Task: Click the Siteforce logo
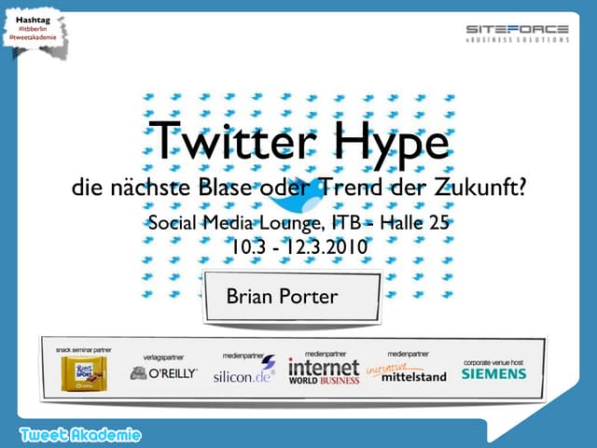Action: tap(517, 34)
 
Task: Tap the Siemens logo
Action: tap(493, 373)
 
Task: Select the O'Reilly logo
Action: tap(164, 373)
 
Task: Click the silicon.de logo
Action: tap(243, 374)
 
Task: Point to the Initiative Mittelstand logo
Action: tap(408, 372)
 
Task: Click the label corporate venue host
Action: tap(493, 360)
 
